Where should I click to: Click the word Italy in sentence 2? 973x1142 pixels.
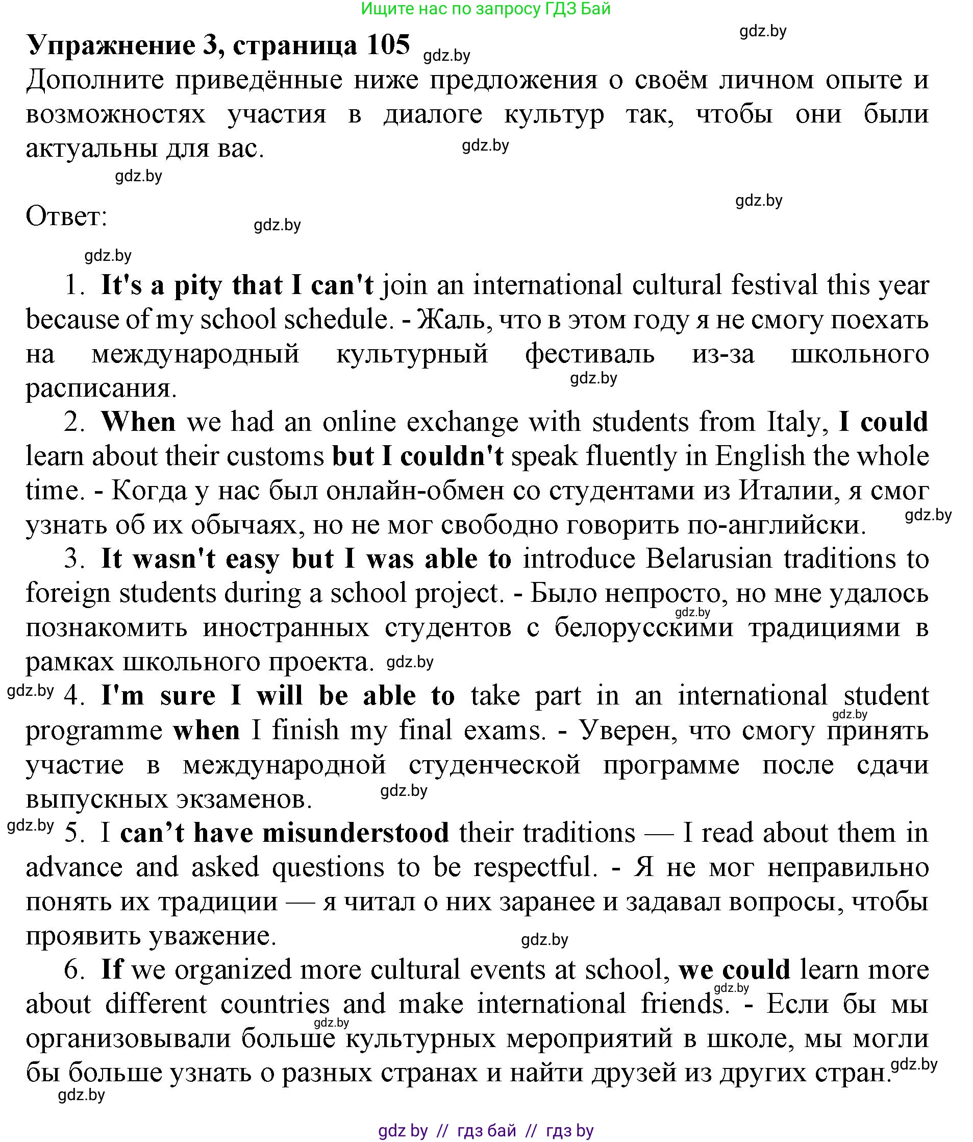coord(798,422)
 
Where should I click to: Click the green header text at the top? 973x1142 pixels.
coord(486,9)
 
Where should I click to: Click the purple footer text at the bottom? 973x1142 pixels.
coord(486,1130)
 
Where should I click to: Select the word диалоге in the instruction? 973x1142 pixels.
coord(433,114)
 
